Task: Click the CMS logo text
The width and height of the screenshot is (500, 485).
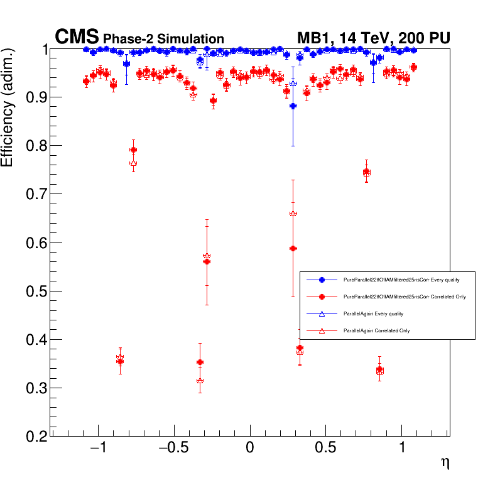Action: [x=77, y=37]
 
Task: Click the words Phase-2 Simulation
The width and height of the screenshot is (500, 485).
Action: [x=163, y=39]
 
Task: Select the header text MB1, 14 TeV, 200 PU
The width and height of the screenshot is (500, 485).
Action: [x=373, y=38]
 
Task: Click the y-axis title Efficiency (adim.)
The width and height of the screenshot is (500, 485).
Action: [x=8, y=109]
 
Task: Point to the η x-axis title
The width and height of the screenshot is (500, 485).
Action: [x=445, y=463]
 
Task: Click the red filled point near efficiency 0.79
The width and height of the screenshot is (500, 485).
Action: [x=133, y=150]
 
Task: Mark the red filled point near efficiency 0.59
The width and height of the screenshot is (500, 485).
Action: [x=293, y=248]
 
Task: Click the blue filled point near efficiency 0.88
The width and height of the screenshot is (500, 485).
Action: [x=293, y=106]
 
